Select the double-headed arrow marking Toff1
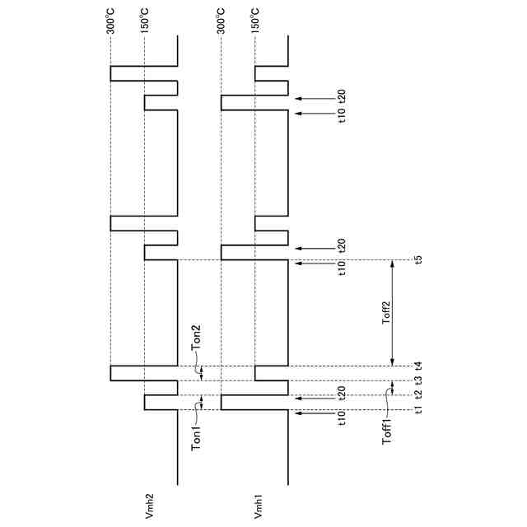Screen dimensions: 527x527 pos(392,388)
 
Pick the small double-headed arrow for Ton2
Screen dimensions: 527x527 pos(200,373)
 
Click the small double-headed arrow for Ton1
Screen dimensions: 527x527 pos(200,403)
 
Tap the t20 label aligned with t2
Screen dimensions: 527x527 pos(341,394)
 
